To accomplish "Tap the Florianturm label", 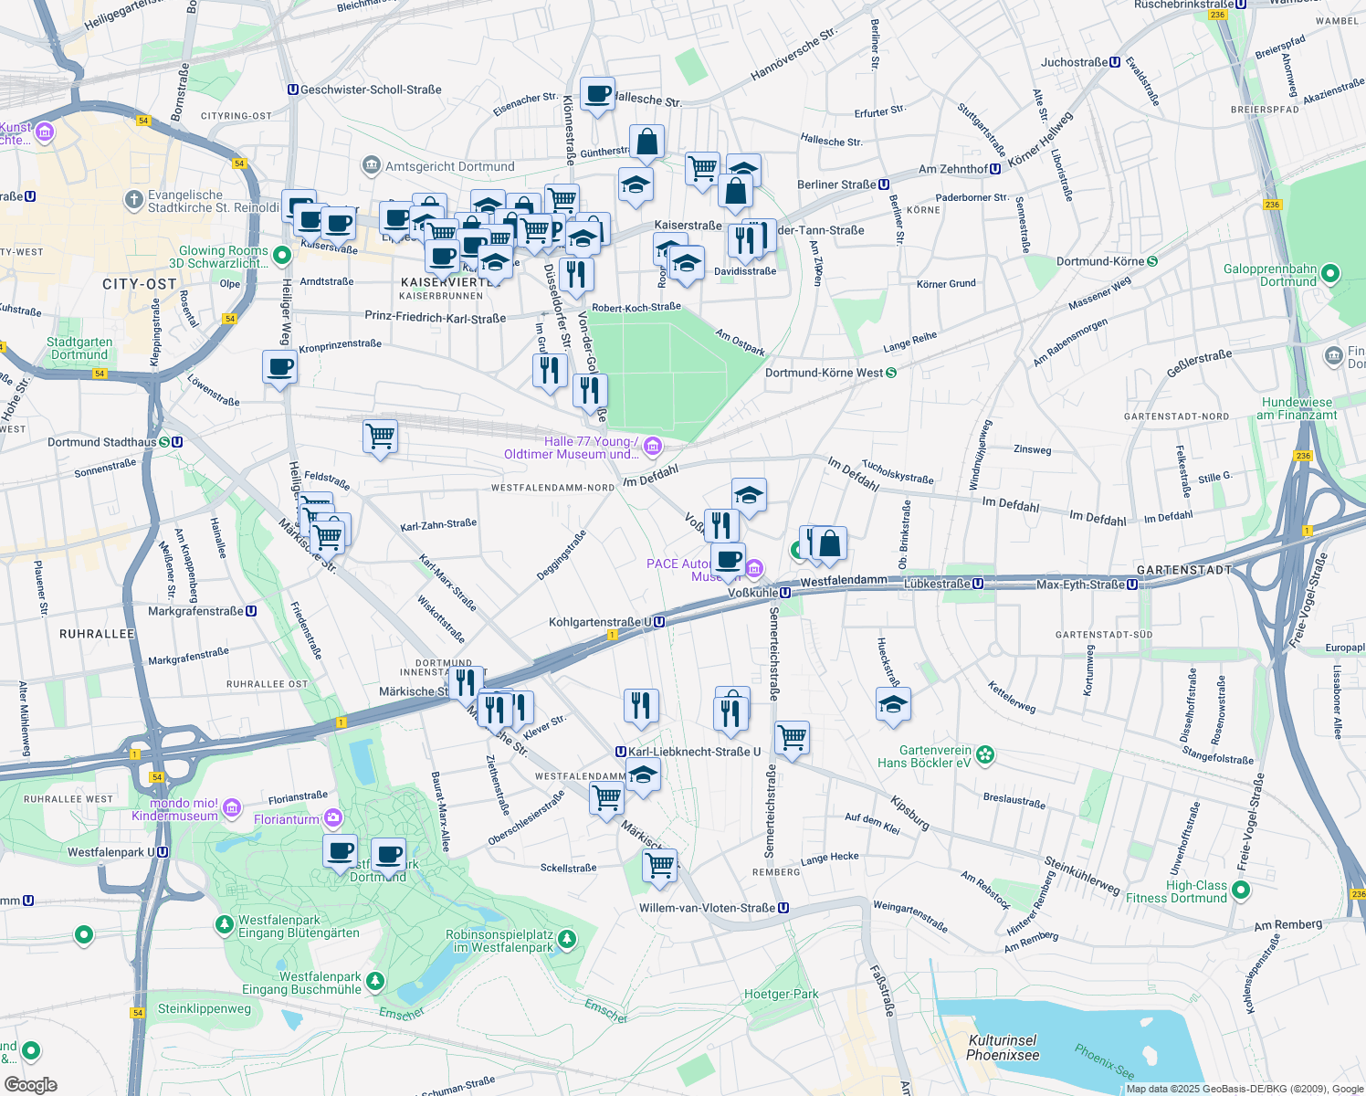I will point(287,819).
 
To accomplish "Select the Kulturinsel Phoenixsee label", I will point(1003,1048).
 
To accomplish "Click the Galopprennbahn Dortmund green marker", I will point(1329,273).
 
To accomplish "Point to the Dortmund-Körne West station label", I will point(824,373).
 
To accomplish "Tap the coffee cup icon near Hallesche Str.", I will point(597,94).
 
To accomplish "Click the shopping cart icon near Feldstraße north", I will point(380,437).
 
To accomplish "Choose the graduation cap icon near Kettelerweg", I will point(893,704).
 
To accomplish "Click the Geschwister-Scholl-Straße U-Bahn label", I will point(370,90).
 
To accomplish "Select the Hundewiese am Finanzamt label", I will point(1296,408).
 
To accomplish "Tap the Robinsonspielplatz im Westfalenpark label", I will point(499,941).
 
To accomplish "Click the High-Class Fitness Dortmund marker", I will point(1239,890).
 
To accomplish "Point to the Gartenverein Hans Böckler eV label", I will point(924,756).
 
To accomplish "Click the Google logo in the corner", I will point(30,1084).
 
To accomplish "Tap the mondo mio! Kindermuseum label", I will point(174,809).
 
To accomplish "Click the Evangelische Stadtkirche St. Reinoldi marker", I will point(134,199).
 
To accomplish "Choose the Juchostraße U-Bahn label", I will point(1075,62).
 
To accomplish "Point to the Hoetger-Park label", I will point(781,994).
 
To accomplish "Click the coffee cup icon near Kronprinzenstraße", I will point(279,367).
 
